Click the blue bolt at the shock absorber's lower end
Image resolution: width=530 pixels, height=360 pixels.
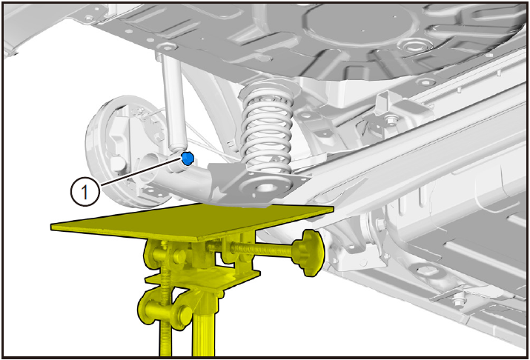[188, 158]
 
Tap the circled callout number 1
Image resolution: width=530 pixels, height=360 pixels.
[85, 192]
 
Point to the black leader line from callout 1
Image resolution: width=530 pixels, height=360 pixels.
[141, 172]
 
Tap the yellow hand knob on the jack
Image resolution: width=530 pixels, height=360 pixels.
[308, 253]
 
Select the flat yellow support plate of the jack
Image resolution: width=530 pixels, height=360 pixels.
[192, 222]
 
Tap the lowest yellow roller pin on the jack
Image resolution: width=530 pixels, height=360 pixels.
[165, 313]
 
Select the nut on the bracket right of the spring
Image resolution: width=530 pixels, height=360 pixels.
[391, 119]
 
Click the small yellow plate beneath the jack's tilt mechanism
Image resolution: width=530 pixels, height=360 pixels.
[203, 280]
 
